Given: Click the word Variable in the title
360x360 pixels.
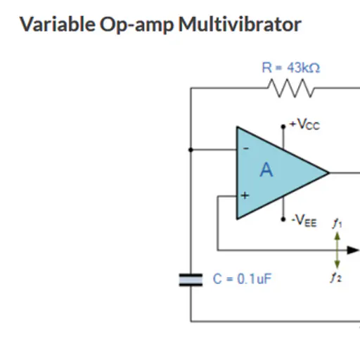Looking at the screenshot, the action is click(x=58, y=24).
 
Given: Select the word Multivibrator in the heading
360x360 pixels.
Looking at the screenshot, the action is click(x=240, y=24).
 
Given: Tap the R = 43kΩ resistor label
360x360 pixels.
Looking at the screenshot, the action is click(x=290, y=67).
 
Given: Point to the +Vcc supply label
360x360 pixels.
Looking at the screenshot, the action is click(x=304, y=124).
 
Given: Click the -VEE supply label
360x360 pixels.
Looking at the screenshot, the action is click(x=304, y=221).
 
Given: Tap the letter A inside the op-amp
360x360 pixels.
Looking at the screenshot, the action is click(x=266, y=169).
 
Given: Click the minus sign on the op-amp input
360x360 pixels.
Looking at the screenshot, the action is click(x=245, y=148).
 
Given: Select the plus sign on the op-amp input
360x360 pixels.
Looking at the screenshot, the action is click(x=245, y=195).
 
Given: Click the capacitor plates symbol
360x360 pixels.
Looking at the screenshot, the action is click(x=191, y=280).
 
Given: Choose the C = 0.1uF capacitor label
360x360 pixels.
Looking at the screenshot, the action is click(x=242, y=279).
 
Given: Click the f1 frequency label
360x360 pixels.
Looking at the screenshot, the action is click(x=337, y=224).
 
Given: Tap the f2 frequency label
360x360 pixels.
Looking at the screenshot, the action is click(x=336, y=277).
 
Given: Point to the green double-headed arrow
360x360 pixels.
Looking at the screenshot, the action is click(x=337, y=250).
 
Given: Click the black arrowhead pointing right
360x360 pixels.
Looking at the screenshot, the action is click(x=353, y=250).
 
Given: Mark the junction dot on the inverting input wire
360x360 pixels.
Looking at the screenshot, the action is click(x=191, y=150).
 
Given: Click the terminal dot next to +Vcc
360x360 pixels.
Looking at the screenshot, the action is click(x=283, y=127).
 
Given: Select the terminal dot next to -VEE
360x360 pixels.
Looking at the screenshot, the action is click(x=283, y=219).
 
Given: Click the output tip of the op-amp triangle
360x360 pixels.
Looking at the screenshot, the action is click(x=328, y=173).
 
